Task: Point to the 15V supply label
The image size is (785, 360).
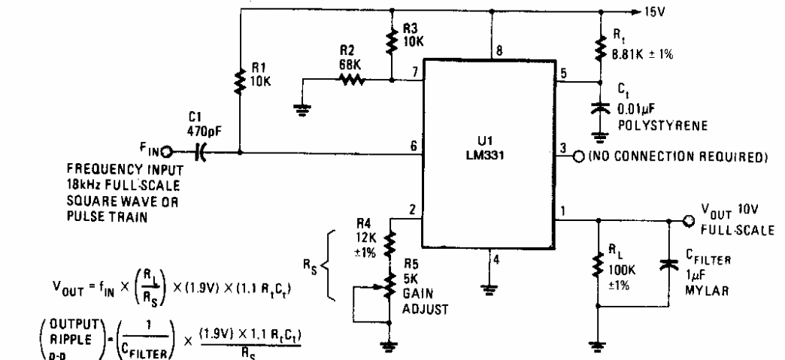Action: click(652, 12)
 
